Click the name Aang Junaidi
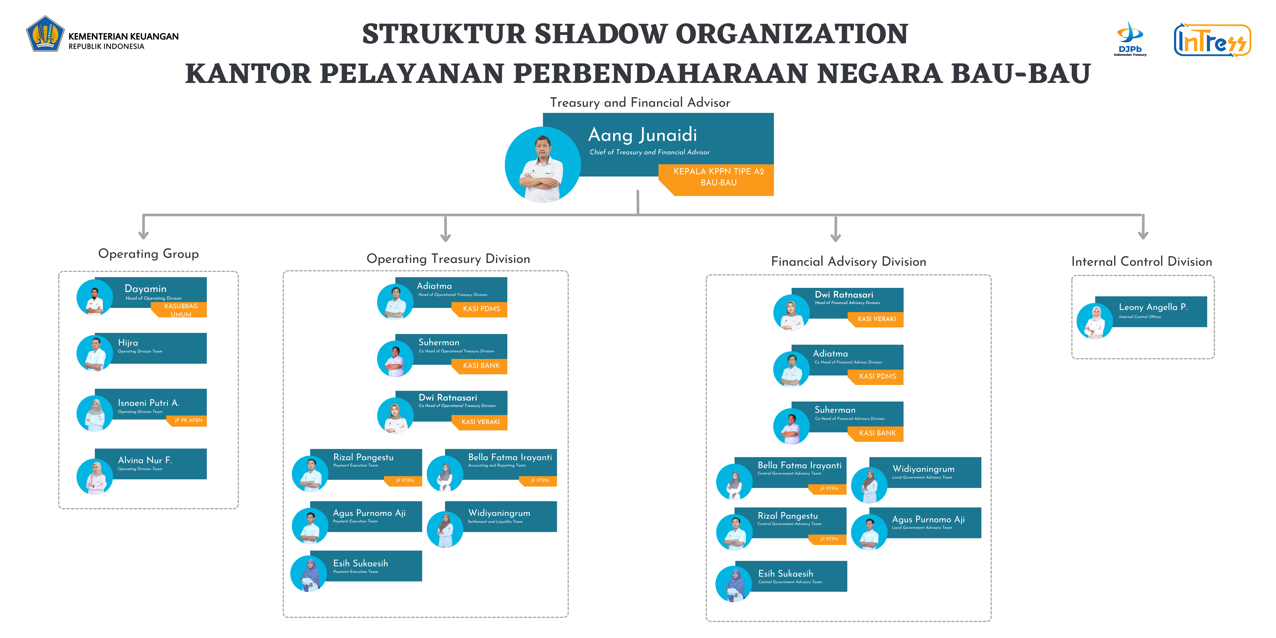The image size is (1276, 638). coord(642,135)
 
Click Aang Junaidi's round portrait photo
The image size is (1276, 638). coord(542,164)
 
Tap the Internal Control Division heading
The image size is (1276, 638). coord(1141,262)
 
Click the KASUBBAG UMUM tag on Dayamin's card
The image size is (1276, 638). coord(181,310)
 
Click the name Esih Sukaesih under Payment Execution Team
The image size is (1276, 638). coord(360,563)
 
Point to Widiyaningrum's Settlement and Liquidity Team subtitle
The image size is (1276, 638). coord(495,522)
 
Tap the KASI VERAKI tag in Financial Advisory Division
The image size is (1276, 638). coord(876,319)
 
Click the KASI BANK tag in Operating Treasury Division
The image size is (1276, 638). coord(481,366)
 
